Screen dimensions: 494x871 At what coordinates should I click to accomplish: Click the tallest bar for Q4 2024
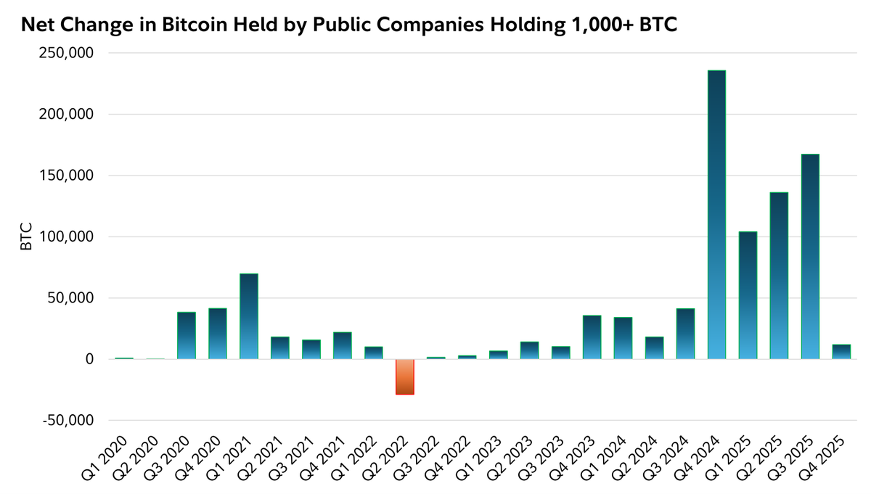click(716, 215)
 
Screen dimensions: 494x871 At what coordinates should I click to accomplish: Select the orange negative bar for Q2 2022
click(404, 376)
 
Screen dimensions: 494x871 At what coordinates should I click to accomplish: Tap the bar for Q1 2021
click(249, 316)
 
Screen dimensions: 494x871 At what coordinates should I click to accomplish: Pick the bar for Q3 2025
click(810, 257)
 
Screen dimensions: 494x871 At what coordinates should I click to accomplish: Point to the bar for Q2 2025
click(779, 276)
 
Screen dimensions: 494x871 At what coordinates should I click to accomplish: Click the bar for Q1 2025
click(748, 295)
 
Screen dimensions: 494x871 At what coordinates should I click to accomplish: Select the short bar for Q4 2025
click(841, 352)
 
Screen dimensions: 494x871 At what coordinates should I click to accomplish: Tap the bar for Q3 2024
click(685, 334)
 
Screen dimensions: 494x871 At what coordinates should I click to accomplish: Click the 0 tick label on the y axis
click(89, 359)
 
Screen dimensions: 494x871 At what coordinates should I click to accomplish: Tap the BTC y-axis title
click(26, 237)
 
